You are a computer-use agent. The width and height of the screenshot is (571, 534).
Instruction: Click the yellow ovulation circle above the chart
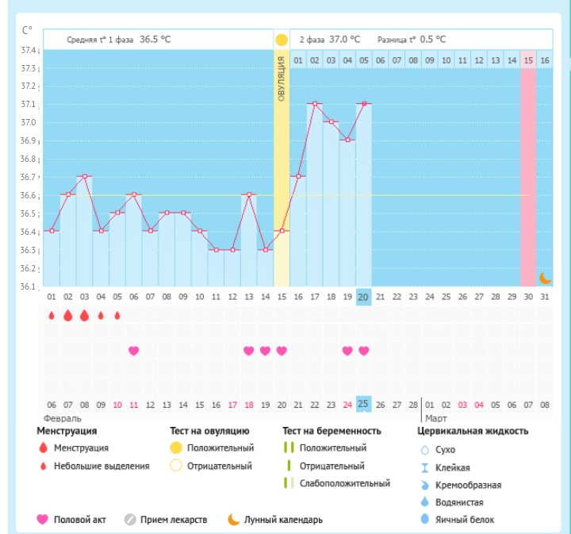tap(282, 40)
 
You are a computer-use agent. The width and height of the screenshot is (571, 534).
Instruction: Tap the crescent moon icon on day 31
tap(545, 278)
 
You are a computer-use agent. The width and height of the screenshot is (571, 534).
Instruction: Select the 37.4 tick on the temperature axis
tap(29, 50)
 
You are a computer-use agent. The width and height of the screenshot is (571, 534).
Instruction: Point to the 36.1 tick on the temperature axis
tap(29, 286)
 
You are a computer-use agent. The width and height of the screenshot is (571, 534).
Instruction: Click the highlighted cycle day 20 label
tap(364, 297)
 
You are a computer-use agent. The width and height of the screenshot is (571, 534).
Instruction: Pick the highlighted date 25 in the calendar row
tap(364, 404)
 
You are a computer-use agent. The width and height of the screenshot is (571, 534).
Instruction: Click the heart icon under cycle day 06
tap(133, 351)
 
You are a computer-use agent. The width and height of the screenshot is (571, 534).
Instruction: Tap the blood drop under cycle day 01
tap(52, 315)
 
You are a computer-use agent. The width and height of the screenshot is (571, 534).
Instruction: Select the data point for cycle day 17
tap(315, 103)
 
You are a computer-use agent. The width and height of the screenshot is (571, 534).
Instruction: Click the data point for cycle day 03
tap(84, 176)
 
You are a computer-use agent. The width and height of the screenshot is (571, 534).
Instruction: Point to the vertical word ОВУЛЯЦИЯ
tap(282, 79)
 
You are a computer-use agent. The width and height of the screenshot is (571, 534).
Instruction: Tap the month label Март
tap(435, 417)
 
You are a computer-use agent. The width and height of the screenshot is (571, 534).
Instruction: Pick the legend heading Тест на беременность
tap(331, 431)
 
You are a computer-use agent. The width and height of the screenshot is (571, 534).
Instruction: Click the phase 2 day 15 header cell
tap(528, 60)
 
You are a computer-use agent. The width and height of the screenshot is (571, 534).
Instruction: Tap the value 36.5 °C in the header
tap(155, 39)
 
